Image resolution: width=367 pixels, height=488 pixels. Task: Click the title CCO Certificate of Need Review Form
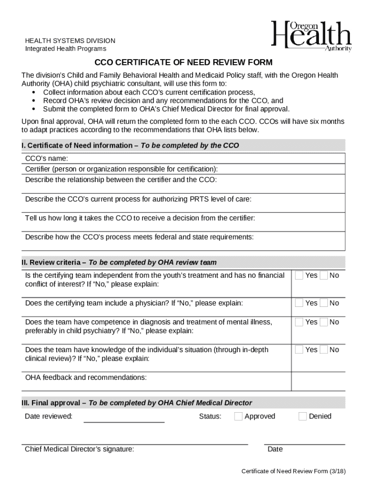(183, 62)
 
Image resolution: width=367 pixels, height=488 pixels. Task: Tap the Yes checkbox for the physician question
(299, 303)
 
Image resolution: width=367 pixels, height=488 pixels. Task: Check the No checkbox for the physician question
(324, 303)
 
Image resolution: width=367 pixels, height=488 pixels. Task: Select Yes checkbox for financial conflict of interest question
(299, 275)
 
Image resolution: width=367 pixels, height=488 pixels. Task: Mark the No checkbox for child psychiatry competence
(324, 322)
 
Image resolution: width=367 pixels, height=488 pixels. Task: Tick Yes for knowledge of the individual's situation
(299, 349)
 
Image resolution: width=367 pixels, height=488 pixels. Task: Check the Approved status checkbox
(238, 416)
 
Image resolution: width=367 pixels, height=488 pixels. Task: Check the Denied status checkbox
(303, 416)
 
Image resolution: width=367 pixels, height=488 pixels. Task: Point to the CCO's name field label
(46, 158)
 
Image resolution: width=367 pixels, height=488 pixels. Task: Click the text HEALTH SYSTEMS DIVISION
(70, 41)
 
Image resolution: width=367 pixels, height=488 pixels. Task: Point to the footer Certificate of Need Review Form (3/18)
(293, 471)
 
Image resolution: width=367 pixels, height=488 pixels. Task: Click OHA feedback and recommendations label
(86, 377)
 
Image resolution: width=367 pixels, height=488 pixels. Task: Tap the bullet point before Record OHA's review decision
(33, 101)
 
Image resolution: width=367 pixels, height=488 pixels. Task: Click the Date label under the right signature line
(275, 449)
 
